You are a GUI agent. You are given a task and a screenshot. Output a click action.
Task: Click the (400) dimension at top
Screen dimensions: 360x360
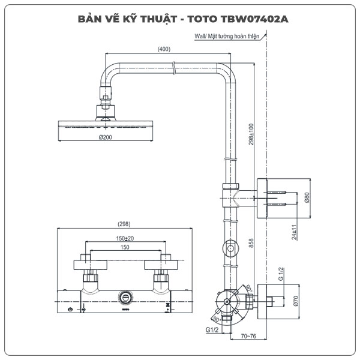(163, 49)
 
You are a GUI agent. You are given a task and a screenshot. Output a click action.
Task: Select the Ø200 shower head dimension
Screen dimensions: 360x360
(106, 137)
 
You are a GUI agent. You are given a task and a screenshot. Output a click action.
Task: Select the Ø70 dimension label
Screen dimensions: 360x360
(296, 302)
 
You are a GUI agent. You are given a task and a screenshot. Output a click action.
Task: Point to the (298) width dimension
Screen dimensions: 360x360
(124, 224)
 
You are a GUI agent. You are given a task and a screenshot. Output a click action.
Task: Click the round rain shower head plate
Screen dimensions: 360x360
(106, 124)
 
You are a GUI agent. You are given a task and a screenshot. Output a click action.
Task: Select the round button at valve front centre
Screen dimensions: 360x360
(125, 296)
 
